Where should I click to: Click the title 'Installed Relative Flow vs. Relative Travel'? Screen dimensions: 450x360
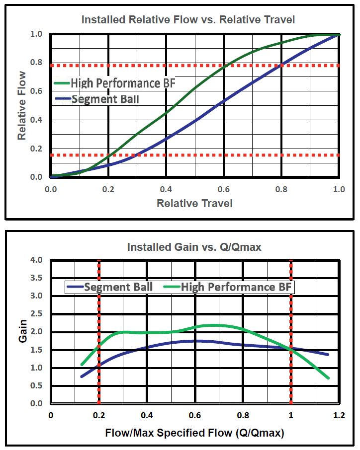click(188, 20)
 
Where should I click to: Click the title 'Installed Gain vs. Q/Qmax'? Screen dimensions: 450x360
click(194, 247)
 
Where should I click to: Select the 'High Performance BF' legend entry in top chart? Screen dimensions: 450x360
click(122, 82)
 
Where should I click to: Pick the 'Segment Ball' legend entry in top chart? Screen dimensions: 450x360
click(105, 99)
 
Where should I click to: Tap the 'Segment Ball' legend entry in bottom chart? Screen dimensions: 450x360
click(118, 287)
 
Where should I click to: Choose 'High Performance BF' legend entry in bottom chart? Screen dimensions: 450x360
click(236, 287)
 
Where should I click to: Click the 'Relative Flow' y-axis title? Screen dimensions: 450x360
click(22, 105)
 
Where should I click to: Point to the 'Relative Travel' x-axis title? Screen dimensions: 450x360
click(194, 203)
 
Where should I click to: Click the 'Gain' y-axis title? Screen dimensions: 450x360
click(23, 331)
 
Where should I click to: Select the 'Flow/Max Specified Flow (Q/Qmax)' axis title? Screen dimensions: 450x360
click(194, 433)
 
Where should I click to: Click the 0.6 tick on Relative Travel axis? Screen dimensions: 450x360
click(224, 189)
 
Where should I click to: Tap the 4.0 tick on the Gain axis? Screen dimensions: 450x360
click(36, 260)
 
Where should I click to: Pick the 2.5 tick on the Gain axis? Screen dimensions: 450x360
click(36, 314)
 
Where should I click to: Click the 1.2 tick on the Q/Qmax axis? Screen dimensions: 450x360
click(339, 415)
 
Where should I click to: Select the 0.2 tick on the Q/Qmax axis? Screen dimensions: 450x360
click(98, 415)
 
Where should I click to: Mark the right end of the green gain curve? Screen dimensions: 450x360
click(329, 378)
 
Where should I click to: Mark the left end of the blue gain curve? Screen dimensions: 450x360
click(81, 376)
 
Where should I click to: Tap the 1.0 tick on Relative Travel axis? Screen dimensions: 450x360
click(339, 189)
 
